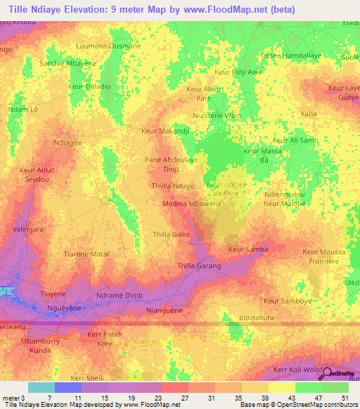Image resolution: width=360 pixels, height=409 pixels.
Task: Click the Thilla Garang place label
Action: pyautogui.click(x=199, y=266)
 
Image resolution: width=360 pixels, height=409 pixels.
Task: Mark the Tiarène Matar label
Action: pyautogui.click(x=87, y=253)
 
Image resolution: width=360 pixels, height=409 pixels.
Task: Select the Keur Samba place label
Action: pyautogui.click(x=248, y=249)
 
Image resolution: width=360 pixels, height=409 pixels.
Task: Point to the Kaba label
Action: pyautogui.click(x=308, y=113)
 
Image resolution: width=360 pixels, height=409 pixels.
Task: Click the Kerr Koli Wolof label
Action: pyautogui.click(x=298, y=370)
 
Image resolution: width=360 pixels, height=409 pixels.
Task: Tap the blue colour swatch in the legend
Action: pyautogui.click(x=68, y=387)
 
